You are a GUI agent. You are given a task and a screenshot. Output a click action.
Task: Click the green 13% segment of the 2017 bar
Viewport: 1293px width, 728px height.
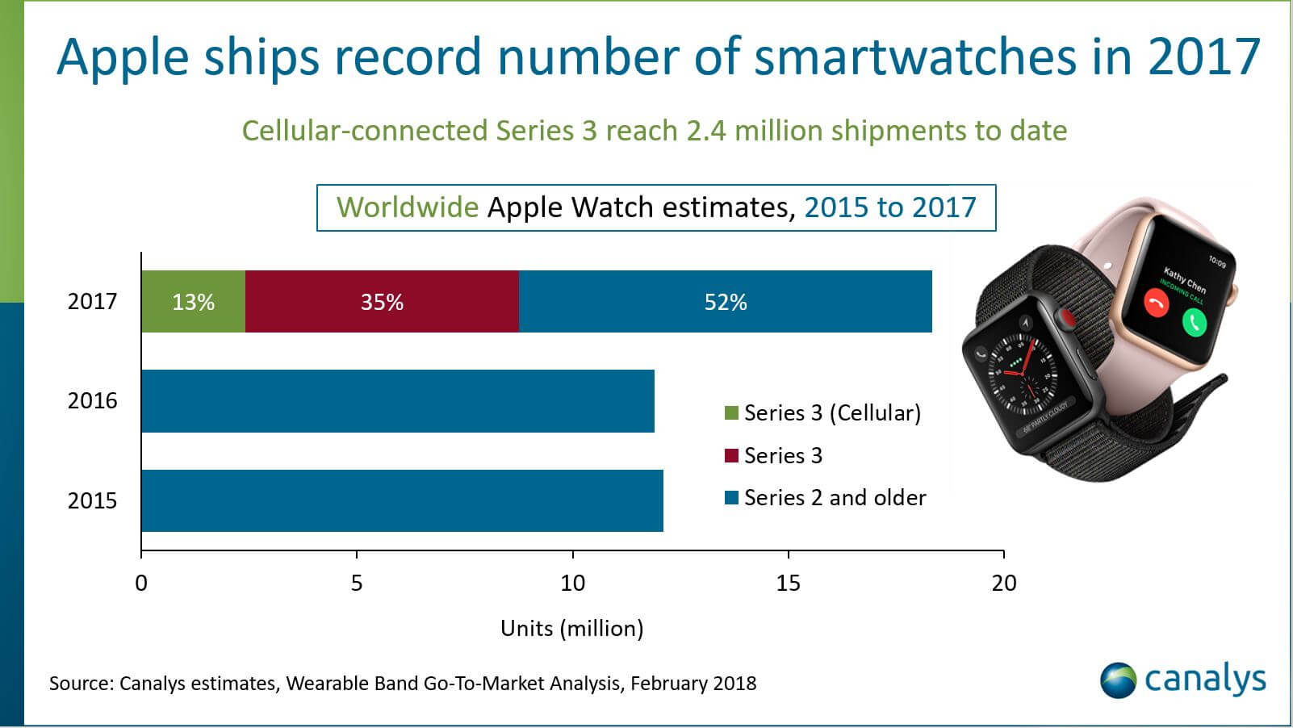(193, 302)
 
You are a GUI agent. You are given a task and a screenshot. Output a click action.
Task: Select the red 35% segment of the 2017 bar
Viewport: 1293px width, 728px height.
(382, 302)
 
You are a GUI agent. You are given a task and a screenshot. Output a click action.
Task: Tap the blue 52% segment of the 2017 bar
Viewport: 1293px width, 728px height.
(725, 302)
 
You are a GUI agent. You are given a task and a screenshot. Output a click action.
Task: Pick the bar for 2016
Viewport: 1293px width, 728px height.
(397, 401)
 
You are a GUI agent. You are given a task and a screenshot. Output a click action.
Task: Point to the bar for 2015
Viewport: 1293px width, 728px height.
(402, 500)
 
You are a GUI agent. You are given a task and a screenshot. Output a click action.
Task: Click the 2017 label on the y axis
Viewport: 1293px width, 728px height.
(92, 302)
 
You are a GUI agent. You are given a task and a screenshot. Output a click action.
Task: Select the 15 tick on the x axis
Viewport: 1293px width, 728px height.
(788, 583)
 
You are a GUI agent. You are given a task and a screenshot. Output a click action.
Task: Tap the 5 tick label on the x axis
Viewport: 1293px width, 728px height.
(357, 583)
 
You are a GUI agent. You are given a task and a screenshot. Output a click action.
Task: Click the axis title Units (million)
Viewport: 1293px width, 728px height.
(571, 628)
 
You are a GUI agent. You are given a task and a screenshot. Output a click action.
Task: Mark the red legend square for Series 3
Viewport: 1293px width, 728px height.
(732, 456)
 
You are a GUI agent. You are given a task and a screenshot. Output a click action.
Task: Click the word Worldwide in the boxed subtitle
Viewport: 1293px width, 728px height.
(408, 207)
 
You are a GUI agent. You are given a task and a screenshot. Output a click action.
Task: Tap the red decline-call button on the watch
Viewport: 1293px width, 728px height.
(1157, 303)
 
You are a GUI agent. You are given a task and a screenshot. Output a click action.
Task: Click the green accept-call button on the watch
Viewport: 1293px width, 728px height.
(1195, 323)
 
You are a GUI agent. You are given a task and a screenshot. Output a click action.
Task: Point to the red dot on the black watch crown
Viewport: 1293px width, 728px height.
(1067, 320)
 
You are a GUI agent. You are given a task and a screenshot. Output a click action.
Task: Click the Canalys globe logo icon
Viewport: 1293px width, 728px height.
(1118, 680)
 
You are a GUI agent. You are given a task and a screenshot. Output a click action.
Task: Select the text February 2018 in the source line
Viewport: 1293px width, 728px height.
(693, 684)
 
